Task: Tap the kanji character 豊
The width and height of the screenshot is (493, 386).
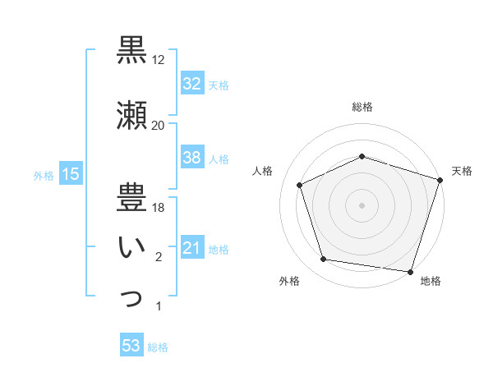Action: pos(131,195)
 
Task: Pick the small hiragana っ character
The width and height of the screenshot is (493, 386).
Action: pos(131,299)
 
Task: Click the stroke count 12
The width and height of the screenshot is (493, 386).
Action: pos(159,60)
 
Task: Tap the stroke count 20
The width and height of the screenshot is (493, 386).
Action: pos(159,125)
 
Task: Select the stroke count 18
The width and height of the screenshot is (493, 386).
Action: pos(159,208)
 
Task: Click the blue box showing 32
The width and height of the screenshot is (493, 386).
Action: pos(191,83)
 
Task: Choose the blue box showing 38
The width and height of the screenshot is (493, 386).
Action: pos(191,158)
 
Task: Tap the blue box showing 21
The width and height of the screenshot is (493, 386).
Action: pos(191,248)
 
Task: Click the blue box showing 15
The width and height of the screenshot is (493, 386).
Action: pos(70,173)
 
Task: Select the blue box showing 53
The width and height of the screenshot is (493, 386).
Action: pos(131,346)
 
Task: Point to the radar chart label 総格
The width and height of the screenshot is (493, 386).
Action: pos(362,108)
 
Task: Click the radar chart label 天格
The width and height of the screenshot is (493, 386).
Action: pos(463,171)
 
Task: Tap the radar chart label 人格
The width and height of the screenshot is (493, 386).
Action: pos(263,171)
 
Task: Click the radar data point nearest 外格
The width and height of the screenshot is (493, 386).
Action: pos(324,260)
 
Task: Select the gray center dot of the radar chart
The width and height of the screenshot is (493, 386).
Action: pos(362,205)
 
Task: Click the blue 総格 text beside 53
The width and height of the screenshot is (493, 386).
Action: pos(158,347)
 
